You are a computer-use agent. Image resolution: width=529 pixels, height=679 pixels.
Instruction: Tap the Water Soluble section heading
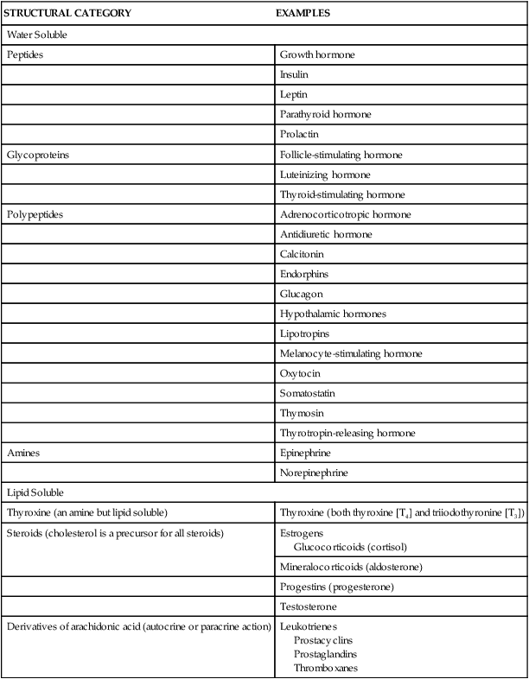tap(37, 35)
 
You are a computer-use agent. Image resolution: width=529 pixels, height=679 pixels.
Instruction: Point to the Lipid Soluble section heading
tap(35, 492)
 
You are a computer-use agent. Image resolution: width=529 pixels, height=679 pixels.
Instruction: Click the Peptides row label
tap(25, 55)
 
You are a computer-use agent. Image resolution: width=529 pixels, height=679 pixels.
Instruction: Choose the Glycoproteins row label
tap(38, 155)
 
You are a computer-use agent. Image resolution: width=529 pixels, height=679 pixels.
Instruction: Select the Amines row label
tap(23, 453)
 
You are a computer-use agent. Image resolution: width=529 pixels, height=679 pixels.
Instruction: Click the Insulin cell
tap(294, 75)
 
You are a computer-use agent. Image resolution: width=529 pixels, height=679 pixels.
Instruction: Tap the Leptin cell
tap(293, 95)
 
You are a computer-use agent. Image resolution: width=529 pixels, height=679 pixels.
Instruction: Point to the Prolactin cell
tap(298, 135)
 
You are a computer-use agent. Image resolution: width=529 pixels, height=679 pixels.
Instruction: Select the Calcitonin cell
tap(300, 254)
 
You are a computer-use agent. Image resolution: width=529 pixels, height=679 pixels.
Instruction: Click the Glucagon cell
tap(299, 294)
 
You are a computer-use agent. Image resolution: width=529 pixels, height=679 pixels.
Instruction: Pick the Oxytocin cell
tap(298, 373)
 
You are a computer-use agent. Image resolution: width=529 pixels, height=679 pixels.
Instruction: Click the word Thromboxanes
tap(325, 668)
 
